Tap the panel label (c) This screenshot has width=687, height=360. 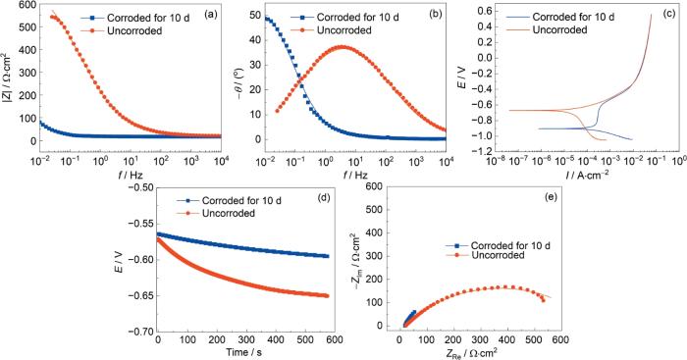[667, 15]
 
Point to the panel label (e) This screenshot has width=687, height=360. [551, 197]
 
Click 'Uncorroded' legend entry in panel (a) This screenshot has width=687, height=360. [134, 30]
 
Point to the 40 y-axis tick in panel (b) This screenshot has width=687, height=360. [255, 40]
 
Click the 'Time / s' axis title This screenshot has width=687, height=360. [244, 352]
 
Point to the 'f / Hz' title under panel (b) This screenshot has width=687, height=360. [355, 176]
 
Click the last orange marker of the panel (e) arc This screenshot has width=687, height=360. [544, 300]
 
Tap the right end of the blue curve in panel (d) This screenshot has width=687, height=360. [327, 256]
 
